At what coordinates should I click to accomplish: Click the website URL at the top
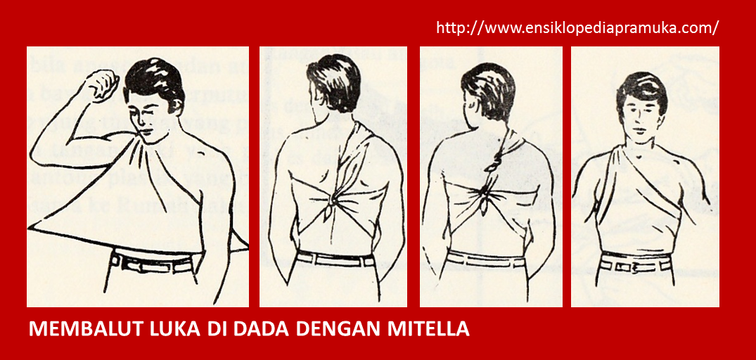click(x=577, y=28)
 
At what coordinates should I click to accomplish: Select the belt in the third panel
click(x=485, y=260)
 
